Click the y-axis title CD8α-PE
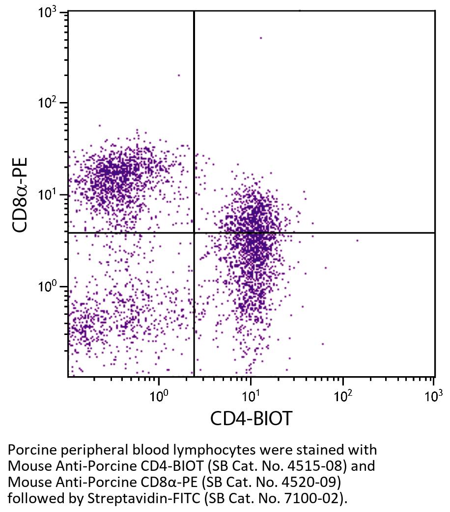pyautogui.click(x=20, y=195)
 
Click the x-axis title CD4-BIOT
pyautogui.click(x=251, y=418)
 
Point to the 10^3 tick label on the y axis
pyautogui.click(x=48, y=13)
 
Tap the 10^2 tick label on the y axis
pyautogui.click(x=48, y=103)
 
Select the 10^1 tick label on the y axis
pyautogui.click(x=48, y=195)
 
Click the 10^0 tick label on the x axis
pyautogui.click(x=159, y=395)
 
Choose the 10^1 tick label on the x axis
pyautogui.click(x=251, y=395)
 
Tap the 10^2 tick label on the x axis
pyautogui.click(x=342, y=395)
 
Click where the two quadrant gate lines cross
pyautogui.click(x=194, y=232)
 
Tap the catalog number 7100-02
pyautogui.click(x=313, y=498)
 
